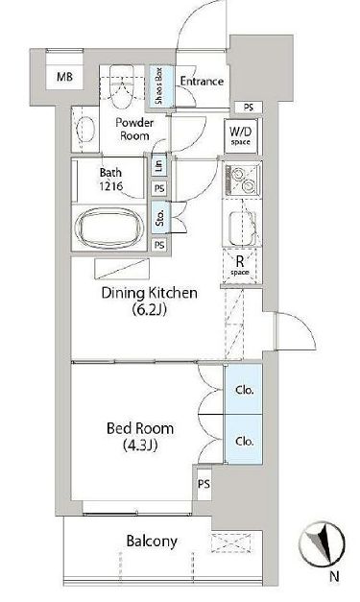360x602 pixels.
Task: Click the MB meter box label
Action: [64, 77]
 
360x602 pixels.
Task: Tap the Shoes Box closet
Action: [159, 86]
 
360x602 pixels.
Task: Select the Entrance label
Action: [202, 81]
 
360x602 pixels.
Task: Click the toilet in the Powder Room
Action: [123, 86]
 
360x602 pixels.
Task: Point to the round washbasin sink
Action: [85, 129]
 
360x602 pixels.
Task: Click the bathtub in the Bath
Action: [109, 229]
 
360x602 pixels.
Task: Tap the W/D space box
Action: [241, 136]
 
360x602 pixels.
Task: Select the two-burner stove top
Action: [243, 180]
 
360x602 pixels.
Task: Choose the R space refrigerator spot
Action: [240, 266]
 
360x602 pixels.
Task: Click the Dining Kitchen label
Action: [150, 293]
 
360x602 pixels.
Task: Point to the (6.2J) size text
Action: [150, 309]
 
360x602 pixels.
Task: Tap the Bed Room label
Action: [140, 428]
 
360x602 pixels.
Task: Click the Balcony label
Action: [152, 542]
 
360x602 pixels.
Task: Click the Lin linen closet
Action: [159, 164]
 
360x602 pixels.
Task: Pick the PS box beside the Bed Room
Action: [204, 484]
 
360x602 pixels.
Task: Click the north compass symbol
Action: [322, 544]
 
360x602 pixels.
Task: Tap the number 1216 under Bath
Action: [111, 186]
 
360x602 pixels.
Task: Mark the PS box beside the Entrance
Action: [249, 108]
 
